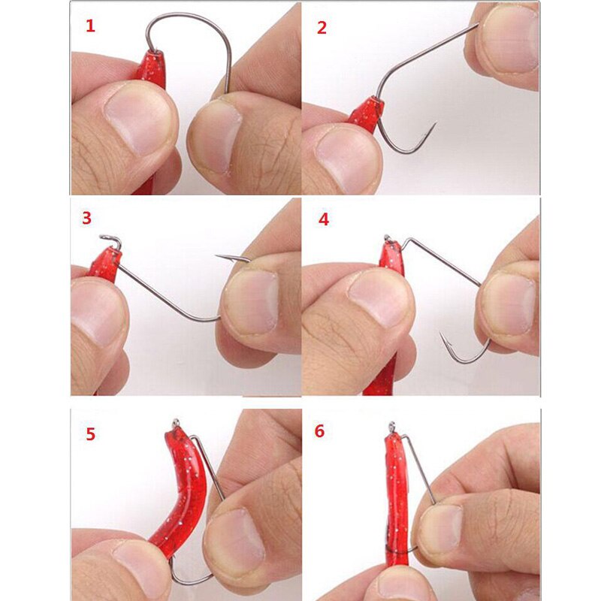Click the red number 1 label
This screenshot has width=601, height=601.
click(90, 26)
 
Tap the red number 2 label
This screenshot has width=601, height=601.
click(322, 28)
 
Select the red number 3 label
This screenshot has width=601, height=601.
click(86, 218)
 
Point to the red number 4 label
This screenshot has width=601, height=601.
click(324, 219)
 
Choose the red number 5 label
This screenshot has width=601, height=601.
click(90, 434)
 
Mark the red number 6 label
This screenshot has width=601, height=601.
click(319, 430)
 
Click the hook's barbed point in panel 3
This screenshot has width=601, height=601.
click(217, 255)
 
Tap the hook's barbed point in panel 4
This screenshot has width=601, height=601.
click(442, 334)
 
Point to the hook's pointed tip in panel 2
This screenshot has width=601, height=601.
click(436, 123)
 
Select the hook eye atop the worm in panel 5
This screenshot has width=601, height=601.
click(176, 422)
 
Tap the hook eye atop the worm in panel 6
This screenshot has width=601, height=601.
click(391, 426)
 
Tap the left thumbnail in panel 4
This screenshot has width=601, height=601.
click(379, 298)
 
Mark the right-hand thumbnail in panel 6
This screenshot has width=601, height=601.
click(441, 528)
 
